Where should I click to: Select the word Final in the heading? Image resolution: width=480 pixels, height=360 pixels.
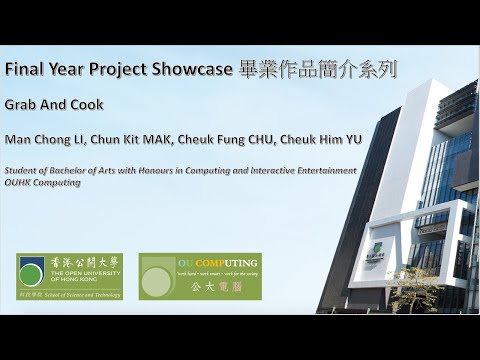click(21, 71)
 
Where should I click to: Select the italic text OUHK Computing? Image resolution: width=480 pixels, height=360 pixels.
click(42, 183)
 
